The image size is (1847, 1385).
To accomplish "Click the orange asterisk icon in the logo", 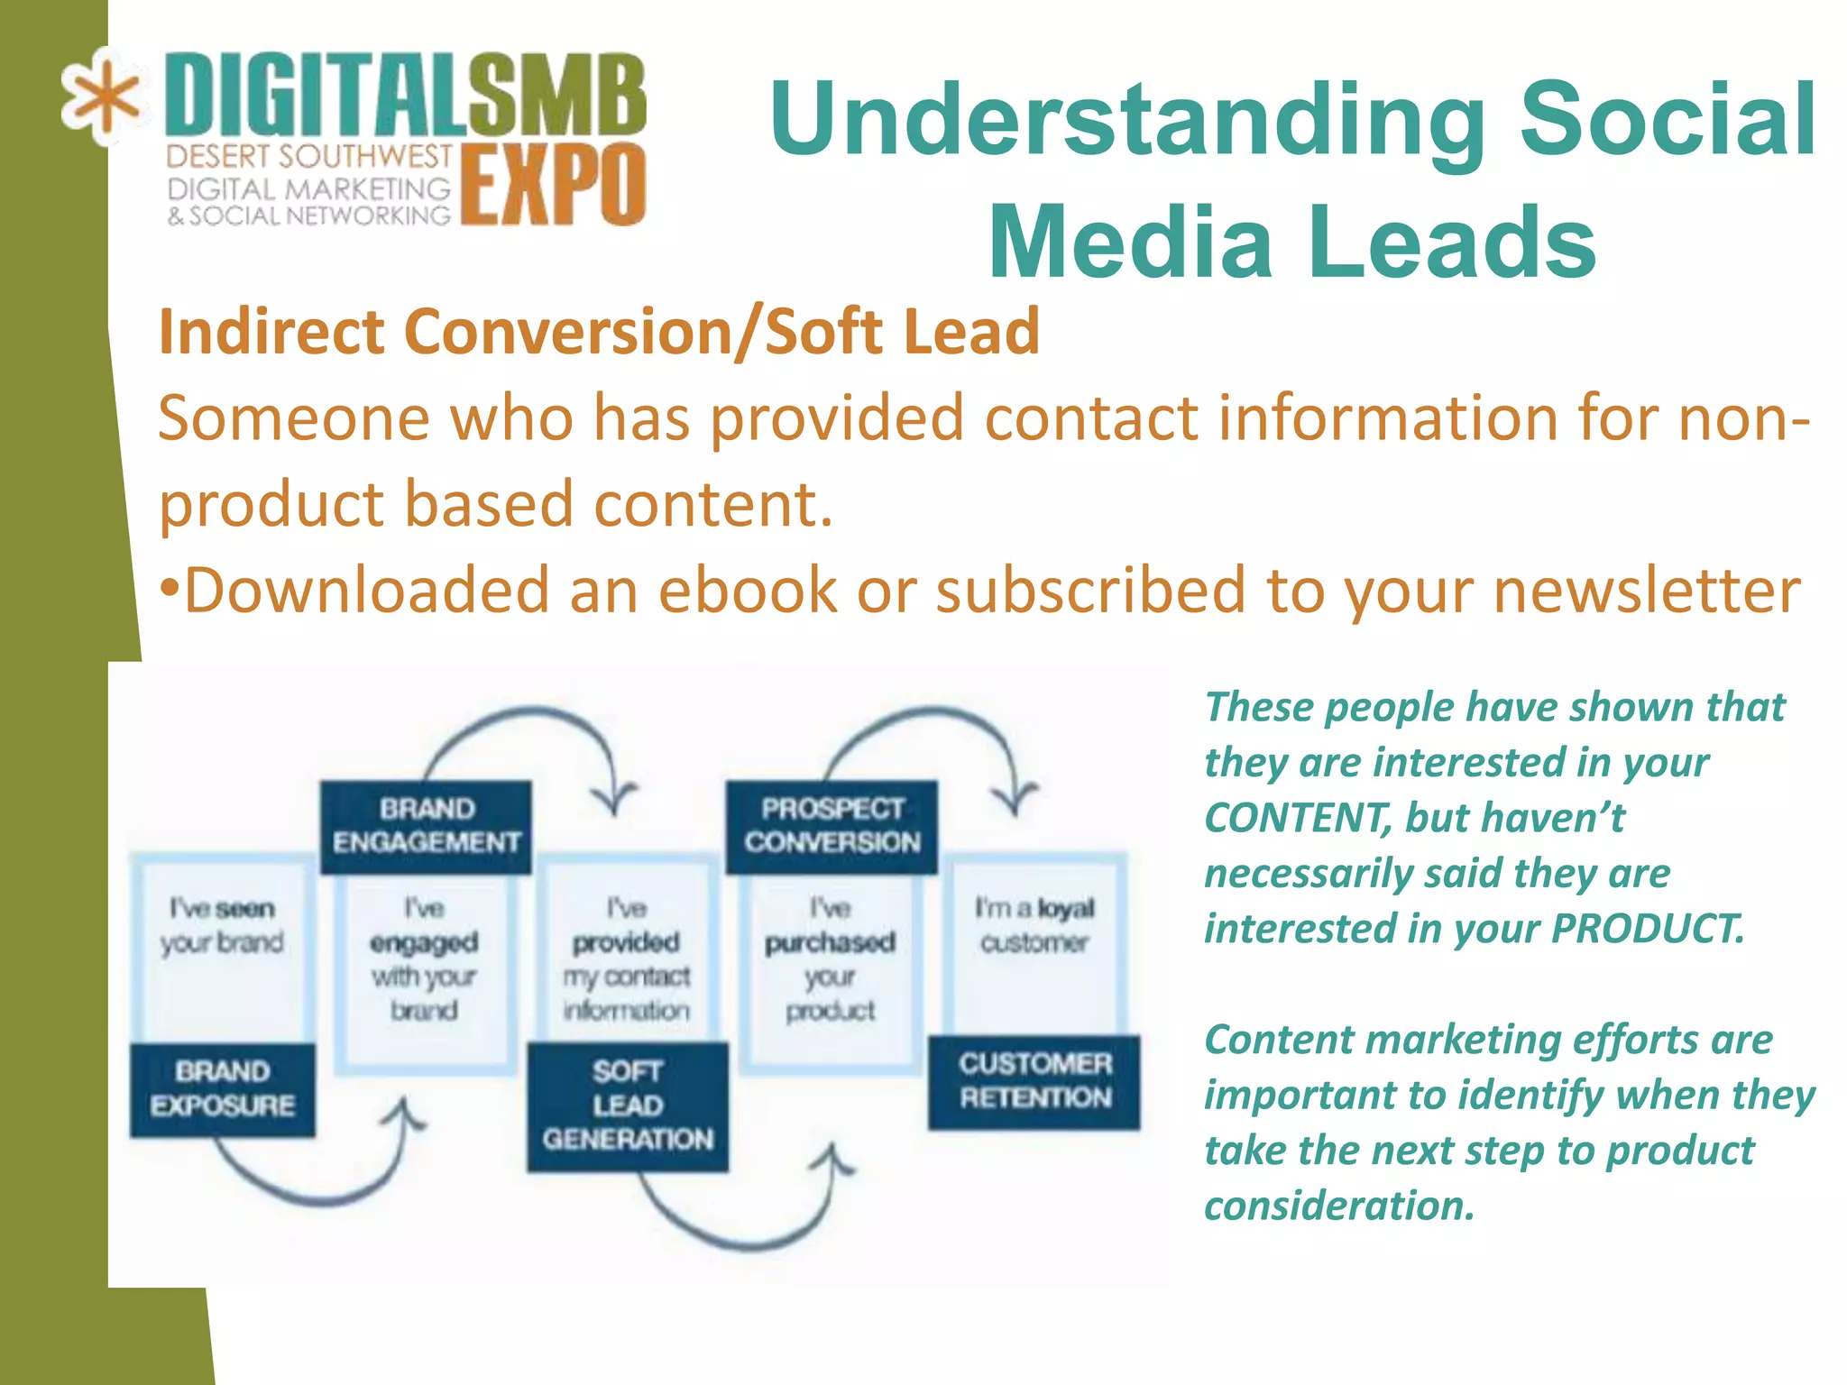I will pos(101,96).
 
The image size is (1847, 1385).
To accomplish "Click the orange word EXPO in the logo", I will pos(554,185).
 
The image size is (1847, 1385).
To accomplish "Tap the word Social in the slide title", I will pos(1668,119).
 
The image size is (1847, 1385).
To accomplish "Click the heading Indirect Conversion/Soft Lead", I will pos(599,332).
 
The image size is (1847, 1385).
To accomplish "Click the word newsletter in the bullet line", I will pos(1647,591).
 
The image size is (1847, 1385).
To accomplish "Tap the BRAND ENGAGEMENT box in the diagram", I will pos(426,826).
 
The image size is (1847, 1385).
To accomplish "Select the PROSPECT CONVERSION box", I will pos(832,826).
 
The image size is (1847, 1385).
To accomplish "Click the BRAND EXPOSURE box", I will pos(223,1088).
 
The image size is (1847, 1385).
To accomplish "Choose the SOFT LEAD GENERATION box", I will pos(628,1105).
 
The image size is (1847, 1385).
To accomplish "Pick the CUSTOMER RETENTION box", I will pos(1034,1081).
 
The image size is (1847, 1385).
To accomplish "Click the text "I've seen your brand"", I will pos(222,925).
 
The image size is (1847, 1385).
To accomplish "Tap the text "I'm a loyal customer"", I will pos(1034,925).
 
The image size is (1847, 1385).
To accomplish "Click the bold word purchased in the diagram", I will pos(830,942).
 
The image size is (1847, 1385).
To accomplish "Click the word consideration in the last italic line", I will pos(1338,1206).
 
